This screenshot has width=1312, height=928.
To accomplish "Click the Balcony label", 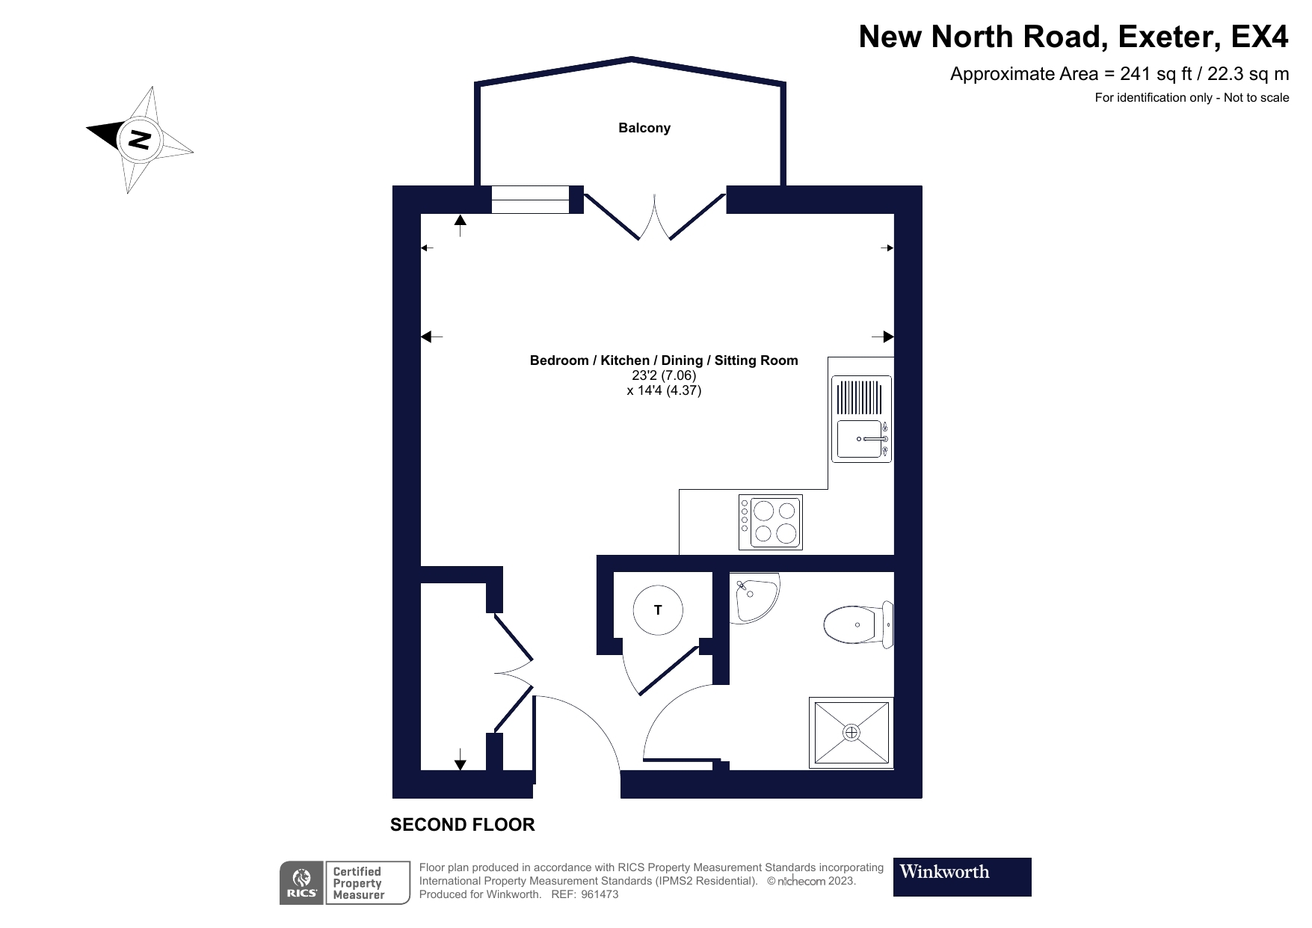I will coord(644,128).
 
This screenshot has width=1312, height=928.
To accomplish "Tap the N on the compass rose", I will coord(139,139).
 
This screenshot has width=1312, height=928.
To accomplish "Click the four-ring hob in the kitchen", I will coord(770,522).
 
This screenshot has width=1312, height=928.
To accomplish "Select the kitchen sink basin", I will coord(858,439).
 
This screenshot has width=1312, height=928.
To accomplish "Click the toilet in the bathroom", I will coord(856,624).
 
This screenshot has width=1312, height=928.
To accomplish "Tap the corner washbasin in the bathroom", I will coord(753,598).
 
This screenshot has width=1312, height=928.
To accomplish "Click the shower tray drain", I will coord(851,733).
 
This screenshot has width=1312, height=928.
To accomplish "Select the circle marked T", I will coord(657,610).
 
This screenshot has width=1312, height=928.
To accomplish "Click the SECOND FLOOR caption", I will coord(462,825).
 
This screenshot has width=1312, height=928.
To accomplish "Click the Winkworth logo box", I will coord(961,876).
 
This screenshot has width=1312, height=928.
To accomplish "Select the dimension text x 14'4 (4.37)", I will coord(663,390).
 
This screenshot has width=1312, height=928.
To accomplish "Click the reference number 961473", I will coord(599,894).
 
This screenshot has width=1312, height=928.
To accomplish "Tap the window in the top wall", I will coord(530,200).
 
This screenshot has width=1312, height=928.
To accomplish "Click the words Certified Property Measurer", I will coord(358,883).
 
